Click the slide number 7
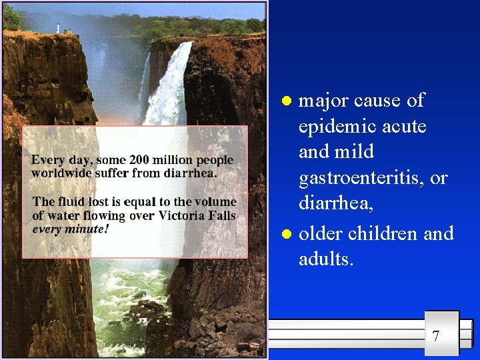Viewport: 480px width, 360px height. click(435, 335)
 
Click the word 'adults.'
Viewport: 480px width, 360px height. click(326, 259)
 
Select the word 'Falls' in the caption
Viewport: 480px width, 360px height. click(221, 215)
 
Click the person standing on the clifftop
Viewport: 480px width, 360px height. click(58, 28)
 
